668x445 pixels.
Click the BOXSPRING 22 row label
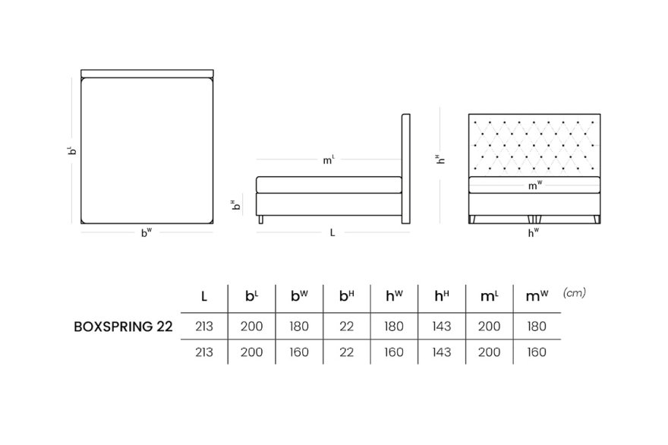click(x=123, y=327)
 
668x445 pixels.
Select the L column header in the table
click(x=204, y=296)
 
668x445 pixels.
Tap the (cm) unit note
click(x=575, y=293)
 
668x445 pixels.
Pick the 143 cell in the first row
click(x=441, y=327)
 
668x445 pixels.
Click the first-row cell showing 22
click(x=347, y=327)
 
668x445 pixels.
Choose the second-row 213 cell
click(x=204, y=352)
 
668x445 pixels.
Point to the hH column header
click(x=441, y=295)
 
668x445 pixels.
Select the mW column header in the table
click(x=537, y=295)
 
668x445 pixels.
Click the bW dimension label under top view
click(x=147, y=232)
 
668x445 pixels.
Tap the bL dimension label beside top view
click(x=73, y=150)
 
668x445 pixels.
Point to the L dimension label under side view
click(x=332, y=232)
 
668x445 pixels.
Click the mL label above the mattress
click(x=329, y=159)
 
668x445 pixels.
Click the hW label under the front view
click(x=534, y=232)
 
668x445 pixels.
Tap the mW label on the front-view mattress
click(x=535, y=185)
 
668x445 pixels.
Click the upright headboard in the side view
click(x=406, y=169)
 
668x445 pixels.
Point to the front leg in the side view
click(x=261, y=219)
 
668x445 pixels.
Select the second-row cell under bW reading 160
click(x=299, y=352)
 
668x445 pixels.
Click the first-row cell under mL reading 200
click(x=489, y=327)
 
